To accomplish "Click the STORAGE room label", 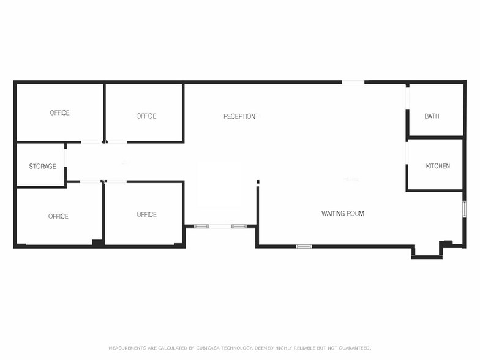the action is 43,167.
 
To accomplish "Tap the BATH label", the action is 432,116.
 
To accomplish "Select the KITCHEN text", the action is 438,166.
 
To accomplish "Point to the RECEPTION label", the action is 239,116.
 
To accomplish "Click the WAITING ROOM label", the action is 343,213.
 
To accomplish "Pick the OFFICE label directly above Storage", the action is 59,113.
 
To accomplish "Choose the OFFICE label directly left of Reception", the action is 146,116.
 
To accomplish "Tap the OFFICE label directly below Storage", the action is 58,217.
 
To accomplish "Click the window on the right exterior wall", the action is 464,209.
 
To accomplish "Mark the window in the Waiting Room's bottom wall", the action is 304,246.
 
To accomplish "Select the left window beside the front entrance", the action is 202,227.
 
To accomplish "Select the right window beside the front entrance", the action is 239,227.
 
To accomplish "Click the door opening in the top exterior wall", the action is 353,82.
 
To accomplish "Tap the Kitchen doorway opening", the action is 408,153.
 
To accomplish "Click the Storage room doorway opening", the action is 66,158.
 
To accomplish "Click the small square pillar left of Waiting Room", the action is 258,182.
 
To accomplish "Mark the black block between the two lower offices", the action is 98,242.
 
